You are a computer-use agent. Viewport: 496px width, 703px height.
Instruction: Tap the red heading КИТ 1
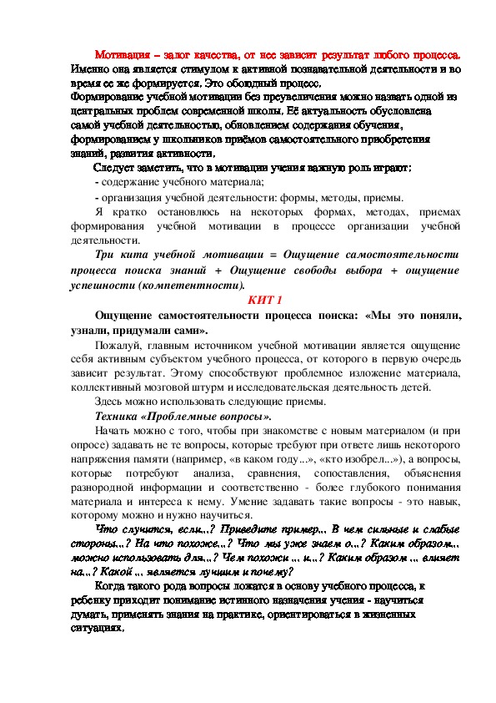click(x=267, y=299)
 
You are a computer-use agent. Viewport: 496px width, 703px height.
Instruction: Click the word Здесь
click(x=112, y=401)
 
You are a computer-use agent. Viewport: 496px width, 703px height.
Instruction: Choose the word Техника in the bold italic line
click(x=119, y=416)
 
